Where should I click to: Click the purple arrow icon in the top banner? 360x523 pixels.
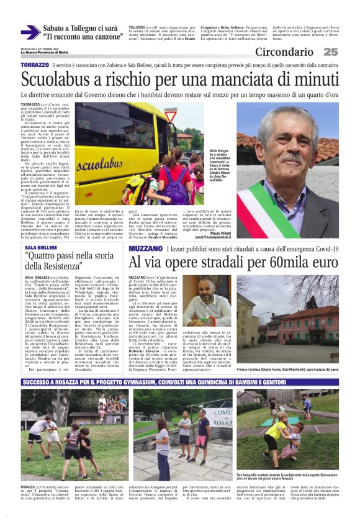[30, 32]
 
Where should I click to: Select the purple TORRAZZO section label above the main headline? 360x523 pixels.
[34, 65]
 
